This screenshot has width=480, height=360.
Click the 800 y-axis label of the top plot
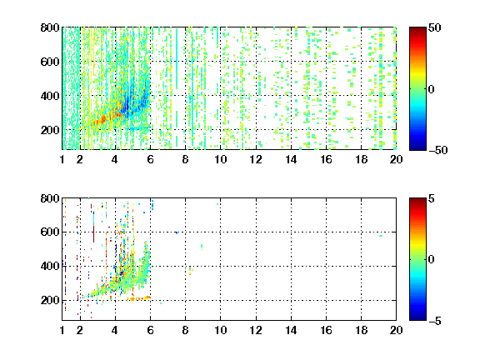(50, 27)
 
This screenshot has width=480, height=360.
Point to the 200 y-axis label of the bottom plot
(50, 300)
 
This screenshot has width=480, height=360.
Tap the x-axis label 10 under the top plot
(220, 159)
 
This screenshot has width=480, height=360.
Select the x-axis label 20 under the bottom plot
(396, 330)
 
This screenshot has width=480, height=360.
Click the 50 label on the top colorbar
(434, 27)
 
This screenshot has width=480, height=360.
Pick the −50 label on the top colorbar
(438, 150)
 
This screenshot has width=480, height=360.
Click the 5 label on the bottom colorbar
(432, 198)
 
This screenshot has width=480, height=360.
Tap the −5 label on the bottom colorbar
(435, 321)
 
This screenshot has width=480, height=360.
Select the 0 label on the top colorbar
(432, 89)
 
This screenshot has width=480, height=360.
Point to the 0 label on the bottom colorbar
(432, 260)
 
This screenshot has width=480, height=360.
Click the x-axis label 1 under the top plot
(62, 159)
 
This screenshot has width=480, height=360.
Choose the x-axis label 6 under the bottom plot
(150, 330)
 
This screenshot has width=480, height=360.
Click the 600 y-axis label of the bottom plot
(50, 232)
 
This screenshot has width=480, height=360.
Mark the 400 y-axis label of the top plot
(50, 96)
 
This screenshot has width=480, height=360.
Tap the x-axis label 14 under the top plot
(291, 159)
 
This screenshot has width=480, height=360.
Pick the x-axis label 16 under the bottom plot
(326, 330)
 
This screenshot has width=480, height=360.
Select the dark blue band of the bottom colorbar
(417, 316)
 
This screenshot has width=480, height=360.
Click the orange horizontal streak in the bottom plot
(138, 298)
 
